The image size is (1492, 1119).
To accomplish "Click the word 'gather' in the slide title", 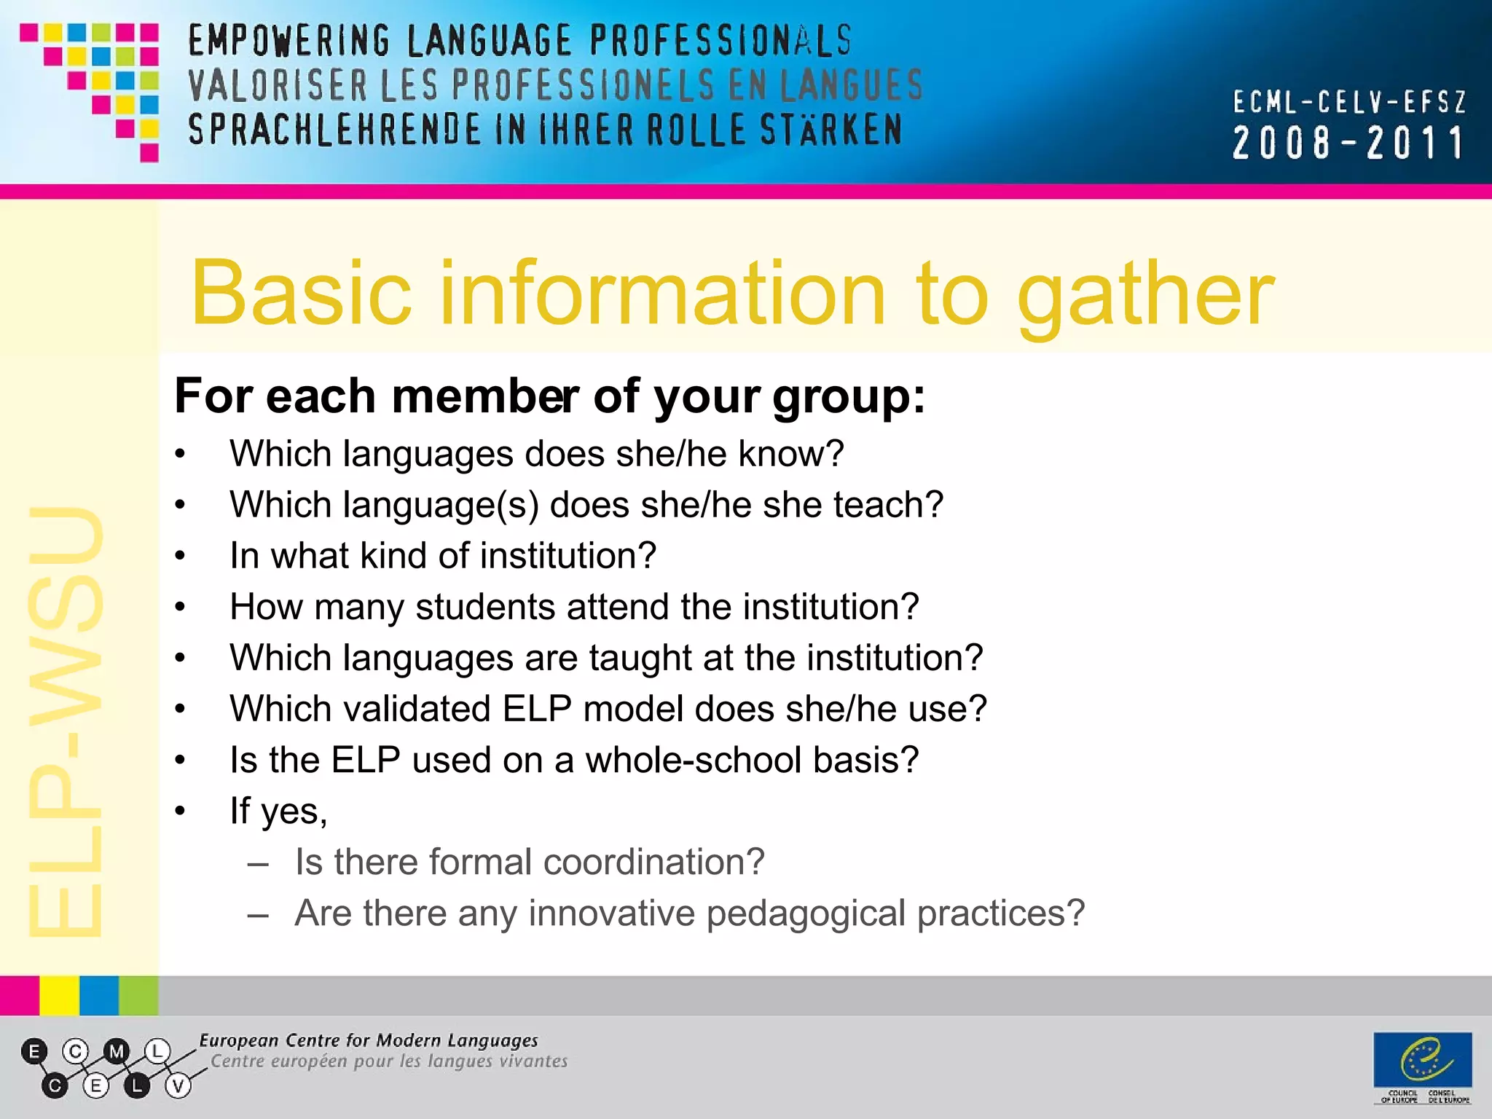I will pos(1145,295).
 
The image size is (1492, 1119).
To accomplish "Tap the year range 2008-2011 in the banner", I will pos(1348,143).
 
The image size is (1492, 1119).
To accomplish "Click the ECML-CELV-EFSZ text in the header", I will pos(1349,102).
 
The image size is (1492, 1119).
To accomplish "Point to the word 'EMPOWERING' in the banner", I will pos(289,41).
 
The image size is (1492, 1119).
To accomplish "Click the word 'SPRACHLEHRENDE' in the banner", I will pos(334,130).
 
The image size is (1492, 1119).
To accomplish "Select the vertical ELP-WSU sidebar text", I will pos(66,721).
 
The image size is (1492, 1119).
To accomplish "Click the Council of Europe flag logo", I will pos(1422,1060).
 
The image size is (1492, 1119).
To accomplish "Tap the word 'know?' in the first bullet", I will pos(791,454).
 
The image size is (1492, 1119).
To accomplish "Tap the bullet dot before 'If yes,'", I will pos(181,812).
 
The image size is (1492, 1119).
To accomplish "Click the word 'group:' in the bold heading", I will pos(849,397).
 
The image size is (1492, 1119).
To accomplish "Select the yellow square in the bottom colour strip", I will pos(59,995).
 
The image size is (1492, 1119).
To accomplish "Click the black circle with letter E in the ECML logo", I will pos(34,1051).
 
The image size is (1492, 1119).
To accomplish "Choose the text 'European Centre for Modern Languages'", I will pos(369,1040).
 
